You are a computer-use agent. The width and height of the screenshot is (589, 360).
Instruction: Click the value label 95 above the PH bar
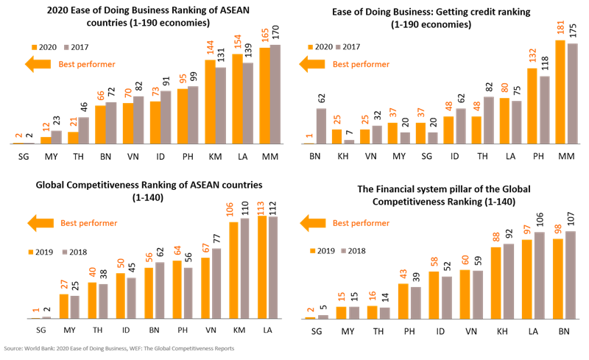(x=182, y=76)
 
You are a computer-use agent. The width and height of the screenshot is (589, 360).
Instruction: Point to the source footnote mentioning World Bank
(x=118, y=348)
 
